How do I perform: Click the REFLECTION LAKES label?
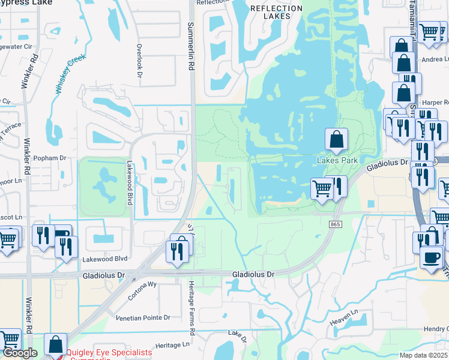click(276, 13)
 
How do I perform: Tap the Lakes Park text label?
click(337, 160)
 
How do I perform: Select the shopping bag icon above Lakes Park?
click(337, 140)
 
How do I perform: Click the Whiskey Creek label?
click(71, 74)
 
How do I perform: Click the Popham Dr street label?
click(50, 158)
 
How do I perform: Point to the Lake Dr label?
click(238, 335)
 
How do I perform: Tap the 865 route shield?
click(335, 224)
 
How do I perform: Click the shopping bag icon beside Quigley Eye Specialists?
click(55, 345)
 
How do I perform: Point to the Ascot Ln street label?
click(10, 216)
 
